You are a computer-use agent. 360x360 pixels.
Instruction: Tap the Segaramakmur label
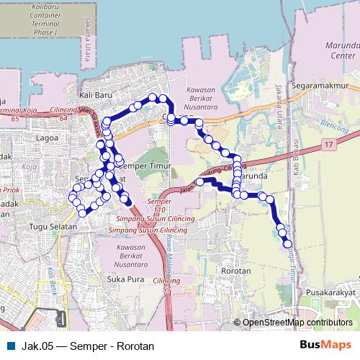(320, 84)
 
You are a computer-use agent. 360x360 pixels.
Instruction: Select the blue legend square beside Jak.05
(9, 345)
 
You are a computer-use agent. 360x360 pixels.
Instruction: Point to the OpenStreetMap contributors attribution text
(297, 323)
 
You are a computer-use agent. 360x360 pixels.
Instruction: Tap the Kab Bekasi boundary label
(294, 161)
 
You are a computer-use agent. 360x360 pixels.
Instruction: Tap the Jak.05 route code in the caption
(37, 345)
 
